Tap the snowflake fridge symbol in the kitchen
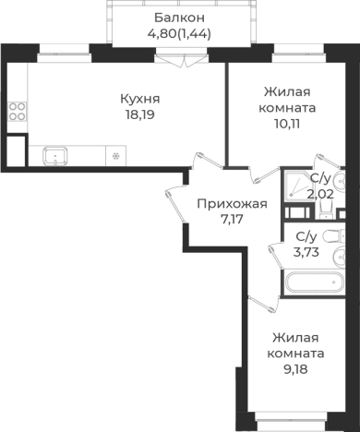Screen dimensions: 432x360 coord(115,154)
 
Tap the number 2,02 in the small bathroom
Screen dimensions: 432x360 coord(320,194)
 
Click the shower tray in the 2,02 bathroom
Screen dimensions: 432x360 coord(296,190)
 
